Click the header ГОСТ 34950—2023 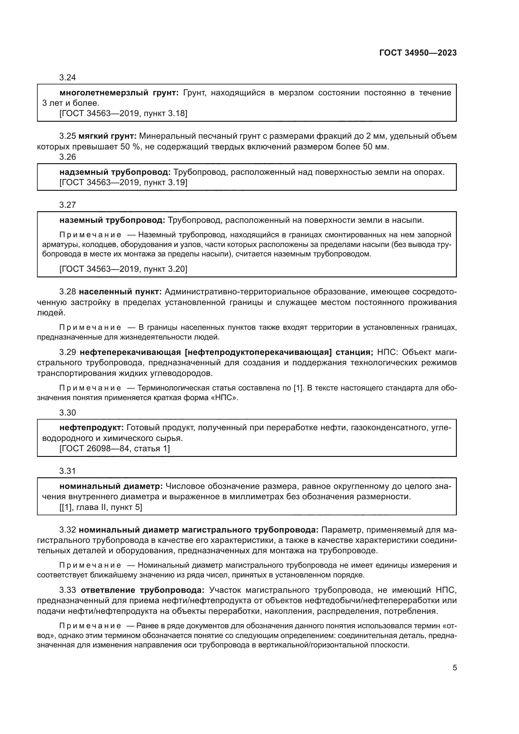click(418, 53)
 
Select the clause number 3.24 click(67, 78)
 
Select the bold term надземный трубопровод click(115, 172)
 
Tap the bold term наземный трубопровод click(112, 220)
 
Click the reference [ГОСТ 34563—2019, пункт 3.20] click(123, 269)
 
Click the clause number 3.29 click(67, 353)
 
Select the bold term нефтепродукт click(91, 428)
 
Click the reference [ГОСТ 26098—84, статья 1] click(115, 448)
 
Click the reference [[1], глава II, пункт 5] click(101, 507)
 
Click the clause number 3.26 click(67, 157)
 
